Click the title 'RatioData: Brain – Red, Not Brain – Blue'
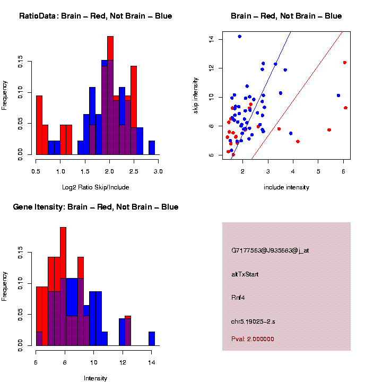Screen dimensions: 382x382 [x=95, y=16]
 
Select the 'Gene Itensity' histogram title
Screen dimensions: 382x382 [x=95, y=207]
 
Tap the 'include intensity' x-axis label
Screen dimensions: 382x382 [x=286, y=187]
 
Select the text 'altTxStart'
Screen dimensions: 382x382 [x=245, y=274]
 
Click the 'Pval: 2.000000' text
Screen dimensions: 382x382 [x=252, y=339]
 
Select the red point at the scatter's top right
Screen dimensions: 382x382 [x=344, y=63]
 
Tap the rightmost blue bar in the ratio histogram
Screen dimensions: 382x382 [x=152, y=148]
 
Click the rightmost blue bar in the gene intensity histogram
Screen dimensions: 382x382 [x=152, y=338]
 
